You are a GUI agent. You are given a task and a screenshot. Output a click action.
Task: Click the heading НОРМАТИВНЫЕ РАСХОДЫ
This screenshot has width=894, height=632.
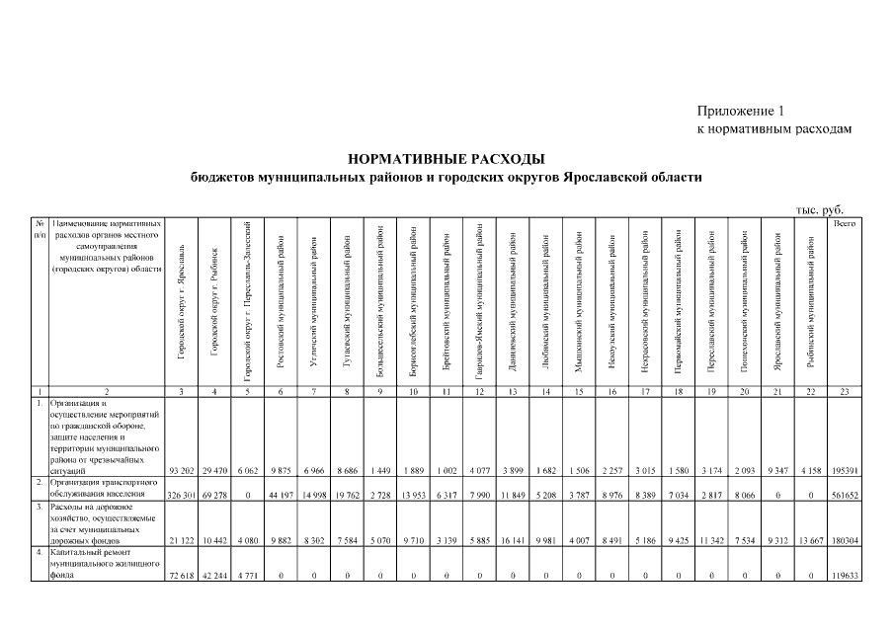[x=447, y=159]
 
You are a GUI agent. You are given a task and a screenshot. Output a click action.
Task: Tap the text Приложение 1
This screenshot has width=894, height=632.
[x=740, y=111]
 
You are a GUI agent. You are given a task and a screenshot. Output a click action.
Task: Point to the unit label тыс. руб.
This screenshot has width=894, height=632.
[x=819, y=209]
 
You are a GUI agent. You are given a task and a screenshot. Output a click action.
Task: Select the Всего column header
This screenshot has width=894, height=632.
[x=844, y=225]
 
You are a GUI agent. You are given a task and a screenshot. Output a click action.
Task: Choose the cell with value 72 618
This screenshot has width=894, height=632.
[x=181, y=573]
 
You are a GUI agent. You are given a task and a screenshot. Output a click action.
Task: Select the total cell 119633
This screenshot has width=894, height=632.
[x=844, y=573]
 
